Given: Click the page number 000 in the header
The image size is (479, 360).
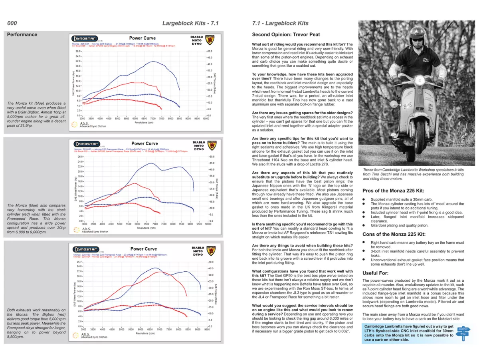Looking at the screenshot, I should coord(12,23).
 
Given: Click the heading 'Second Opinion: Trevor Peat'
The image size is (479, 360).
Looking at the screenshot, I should coord(286,35).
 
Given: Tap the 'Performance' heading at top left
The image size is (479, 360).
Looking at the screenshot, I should coord(22,34).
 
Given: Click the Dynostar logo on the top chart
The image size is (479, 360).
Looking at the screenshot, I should coord(85,38).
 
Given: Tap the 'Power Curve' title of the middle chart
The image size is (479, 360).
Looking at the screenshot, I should coord(144,143).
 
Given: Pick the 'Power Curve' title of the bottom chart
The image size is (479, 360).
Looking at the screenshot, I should coord(144,249).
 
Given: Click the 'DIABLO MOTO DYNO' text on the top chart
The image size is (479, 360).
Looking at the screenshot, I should coord(198,40).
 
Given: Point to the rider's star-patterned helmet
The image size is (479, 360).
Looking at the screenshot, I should coord(416,32).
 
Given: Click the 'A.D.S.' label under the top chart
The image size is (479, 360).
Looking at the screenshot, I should coord(84,123).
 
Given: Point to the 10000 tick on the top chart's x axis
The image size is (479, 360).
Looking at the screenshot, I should coord(206,119).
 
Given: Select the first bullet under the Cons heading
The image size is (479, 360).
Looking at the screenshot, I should coord(364,243).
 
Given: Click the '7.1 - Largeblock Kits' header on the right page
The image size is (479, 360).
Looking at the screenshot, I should coord(280,23).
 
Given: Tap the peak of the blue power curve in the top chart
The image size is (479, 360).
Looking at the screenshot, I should coord(153,62).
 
